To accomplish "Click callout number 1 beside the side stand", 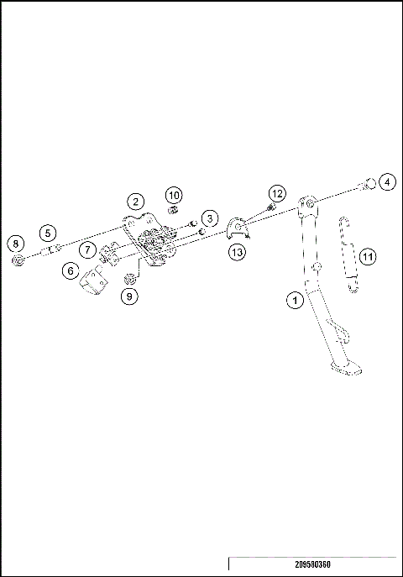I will point(294,298).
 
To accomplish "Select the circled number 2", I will point(135,202).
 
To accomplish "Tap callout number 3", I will point(209,218).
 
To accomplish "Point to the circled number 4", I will point(385,181).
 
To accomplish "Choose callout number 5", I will point(48,233).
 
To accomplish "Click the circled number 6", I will point(71,271).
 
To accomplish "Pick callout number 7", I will point(88,250).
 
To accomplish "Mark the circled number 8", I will point(14,244).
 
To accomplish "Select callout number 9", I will point(128,296).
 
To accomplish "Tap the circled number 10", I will point(174,196).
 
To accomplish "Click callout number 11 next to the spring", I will point(368,255).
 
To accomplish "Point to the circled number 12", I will point(277,193).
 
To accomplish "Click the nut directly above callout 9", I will point(130,278).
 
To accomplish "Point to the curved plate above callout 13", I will point(240,227).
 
